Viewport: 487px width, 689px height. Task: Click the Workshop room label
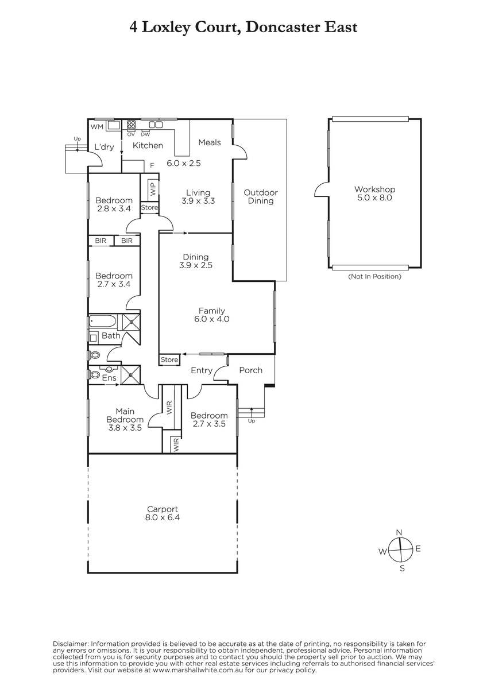coord(374,189)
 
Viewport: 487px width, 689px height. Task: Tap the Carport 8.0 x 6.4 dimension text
coord(163,517)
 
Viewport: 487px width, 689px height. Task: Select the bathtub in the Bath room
coord(102,322)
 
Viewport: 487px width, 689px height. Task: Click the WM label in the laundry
coord(97,127)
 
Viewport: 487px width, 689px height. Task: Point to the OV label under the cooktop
coord(131,134)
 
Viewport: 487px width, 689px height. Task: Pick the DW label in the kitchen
coord(145,134)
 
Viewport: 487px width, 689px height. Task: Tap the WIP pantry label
coord(153,188)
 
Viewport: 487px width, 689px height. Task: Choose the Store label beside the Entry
coord(169,359)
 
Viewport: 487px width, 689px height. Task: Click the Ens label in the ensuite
coord(109,378)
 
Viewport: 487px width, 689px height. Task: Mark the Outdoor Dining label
coord(261,196)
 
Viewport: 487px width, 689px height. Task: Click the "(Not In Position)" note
coord(374,277)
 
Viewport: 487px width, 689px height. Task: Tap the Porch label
coord(251,370)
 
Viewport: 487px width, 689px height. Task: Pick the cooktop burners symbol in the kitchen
coord(132,124)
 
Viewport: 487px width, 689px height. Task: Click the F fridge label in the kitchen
coord(152,165)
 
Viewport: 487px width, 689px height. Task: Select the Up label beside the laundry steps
coord(77,140)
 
